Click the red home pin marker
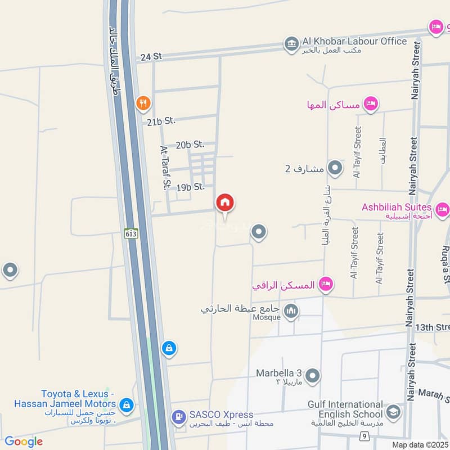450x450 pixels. click(x=225, y=203)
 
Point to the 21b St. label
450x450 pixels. click(x=161, y=120)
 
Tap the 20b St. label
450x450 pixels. click(x=190, y=145)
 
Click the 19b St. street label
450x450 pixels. click(x=190, y=187)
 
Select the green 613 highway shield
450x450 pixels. click(x=131, y=233)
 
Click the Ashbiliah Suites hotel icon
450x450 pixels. click(x=442, y=210)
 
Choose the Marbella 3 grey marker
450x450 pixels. click(x=313, y=375)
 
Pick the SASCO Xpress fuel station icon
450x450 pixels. click(x=178, y=417)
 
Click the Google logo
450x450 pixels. click(x=24, y=442)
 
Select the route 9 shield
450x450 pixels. click(x=364, y=436)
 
